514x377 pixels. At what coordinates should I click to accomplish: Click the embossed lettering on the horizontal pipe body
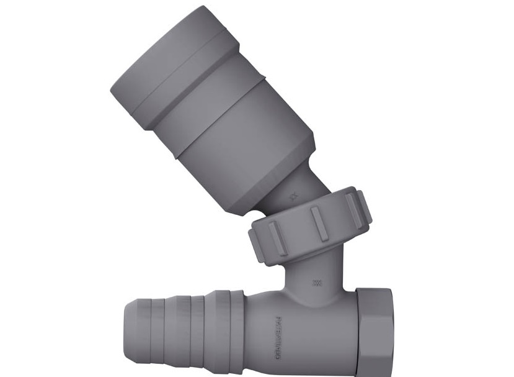277,338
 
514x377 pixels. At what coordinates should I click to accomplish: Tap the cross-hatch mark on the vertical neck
317,283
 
